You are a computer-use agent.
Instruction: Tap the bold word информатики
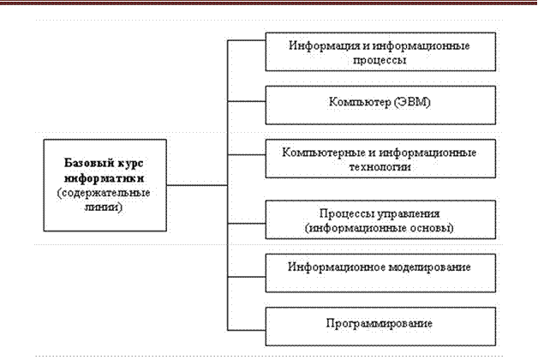click(x=104, y=178)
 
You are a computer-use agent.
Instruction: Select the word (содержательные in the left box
click(x=104, y=193)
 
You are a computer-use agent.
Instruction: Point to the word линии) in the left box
click(x=104, y=207)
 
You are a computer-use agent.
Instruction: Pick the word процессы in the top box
click(x=380, y=60)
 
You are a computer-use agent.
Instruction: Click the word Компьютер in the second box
click(x=360, y=102)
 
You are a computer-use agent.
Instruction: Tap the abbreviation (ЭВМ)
click(x=412, y=102)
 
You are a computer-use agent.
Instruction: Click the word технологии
click(x=380, y=167)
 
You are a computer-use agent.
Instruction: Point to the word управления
click(x=409, y=213)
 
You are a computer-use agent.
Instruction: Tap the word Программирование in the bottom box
click(x=380, y=324)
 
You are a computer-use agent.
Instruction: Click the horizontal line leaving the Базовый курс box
click(x=197, y=185)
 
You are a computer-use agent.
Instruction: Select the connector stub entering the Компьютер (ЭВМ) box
click(x=247, y=101)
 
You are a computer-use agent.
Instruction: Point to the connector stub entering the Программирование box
click(x=247, y=330)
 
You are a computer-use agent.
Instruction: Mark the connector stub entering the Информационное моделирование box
click(x=247, y=277)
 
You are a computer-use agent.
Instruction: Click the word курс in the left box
click(x=131, y=164)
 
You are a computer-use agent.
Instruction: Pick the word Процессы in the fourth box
click(x=347, y=213)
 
